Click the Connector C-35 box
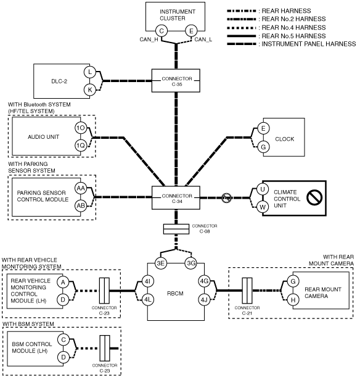coord(176,81)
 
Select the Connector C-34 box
coord(176,198)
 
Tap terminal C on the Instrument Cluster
coord(162,31)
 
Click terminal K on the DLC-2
coord(90,90)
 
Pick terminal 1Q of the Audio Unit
coord(81,146)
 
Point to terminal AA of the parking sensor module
coord(81,188)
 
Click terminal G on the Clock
coord(263,147)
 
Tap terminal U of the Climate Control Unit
coord(263,189)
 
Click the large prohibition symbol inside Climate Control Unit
coord(314,197)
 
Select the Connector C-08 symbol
coord(176,229)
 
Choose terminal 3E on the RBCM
coord(160,263)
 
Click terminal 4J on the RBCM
coord(204,300)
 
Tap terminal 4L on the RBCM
coord(147,300)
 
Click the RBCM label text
coord(175,294)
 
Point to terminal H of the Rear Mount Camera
coord(293,300)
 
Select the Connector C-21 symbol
coord(247,291)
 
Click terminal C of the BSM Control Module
coord(63,340)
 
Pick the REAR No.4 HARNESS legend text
coord(293,27)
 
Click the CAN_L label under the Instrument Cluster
coord(203,39)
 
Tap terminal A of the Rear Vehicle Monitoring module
coord(63,282)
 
